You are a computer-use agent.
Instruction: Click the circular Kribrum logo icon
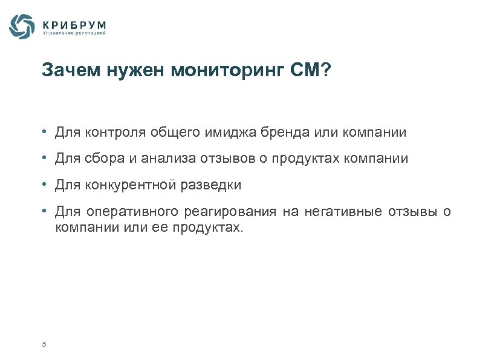(22, 26)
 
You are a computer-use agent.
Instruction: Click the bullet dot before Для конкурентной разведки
(45, 185)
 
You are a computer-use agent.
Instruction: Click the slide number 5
(44, 345)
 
